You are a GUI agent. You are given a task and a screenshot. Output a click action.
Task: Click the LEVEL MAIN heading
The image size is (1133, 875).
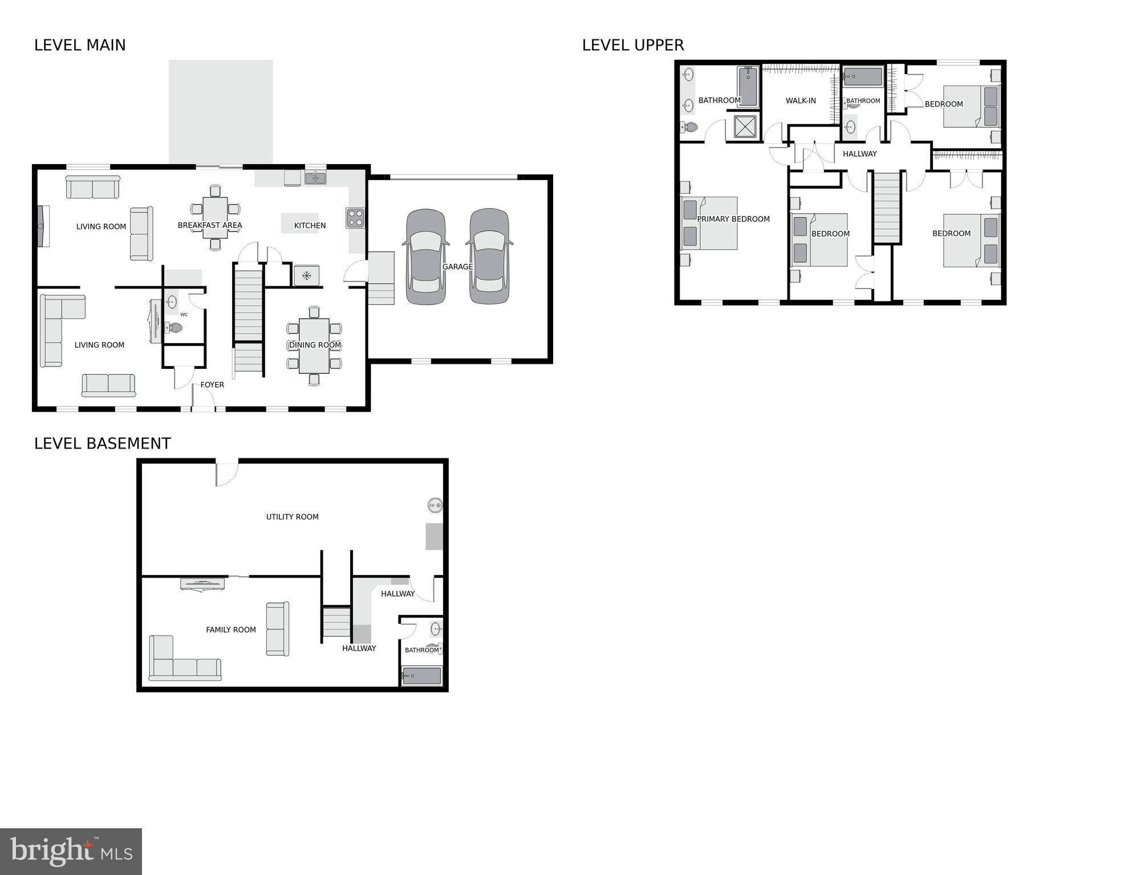pos(80,45)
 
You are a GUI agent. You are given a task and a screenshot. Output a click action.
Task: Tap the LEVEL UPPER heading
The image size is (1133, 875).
pos(632,45)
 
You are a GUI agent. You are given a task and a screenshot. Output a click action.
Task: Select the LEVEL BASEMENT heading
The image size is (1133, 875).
pos(103,443)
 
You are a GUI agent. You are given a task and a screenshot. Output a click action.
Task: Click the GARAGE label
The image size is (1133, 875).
pos(457,267)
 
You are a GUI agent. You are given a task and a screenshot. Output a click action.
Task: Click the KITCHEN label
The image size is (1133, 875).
pos(310,226)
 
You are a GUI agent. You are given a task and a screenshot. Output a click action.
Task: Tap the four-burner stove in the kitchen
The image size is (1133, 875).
pos(355,218)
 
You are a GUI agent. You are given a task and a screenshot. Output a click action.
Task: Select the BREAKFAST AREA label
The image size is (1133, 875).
pos(210,225)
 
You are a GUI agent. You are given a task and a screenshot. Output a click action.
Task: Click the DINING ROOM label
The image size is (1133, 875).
pos(315,345)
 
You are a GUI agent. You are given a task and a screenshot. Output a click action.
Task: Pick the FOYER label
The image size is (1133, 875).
pos(212,385)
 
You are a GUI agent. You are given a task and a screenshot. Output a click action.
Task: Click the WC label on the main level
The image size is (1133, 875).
pos(184,314)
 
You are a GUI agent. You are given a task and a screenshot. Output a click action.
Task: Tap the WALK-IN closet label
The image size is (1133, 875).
pos(801,101)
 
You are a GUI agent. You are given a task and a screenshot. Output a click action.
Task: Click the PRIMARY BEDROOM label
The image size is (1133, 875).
pos(733,219)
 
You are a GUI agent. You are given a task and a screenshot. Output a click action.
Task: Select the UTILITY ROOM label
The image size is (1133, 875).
pos(292,517)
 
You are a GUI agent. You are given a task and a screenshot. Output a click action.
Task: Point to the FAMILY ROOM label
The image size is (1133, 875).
pos(231,630)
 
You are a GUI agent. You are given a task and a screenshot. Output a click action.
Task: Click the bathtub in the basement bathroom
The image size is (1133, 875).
pos(421,677)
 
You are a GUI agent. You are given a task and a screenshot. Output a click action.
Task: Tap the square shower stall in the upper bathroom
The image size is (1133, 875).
pos(745,127)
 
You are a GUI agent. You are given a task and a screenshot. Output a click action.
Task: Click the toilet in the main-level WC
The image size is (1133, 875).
pos(173,328)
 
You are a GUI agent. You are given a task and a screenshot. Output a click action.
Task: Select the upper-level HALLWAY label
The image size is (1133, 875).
pos(859,154)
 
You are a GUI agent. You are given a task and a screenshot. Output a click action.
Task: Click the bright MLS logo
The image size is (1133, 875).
pos(71,851)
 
